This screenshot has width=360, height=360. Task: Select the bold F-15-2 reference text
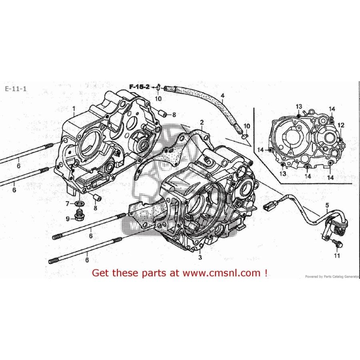click(x=139, y=87)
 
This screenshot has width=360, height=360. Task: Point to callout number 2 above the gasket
click(x=202, y=122)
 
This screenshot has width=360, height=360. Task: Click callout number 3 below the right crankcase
click(x=200, y=258)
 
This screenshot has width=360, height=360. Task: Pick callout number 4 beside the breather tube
click(x=223, y=96)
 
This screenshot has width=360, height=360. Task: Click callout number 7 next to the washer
click(x=68, y=204)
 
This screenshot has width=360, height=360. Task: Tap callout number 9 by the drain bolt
click(x=68, y=218)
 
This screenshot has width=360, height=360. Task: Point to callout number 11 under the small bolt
click(x=336, y=256)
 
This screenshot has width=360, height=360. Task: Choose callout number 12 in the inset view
click(x=341, y=125)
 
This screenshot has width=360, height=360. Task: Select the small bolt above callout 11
click(x=334, y=243)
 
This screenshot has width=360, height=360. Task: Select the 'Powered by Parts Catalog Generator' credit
click(x=332, y=276)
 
